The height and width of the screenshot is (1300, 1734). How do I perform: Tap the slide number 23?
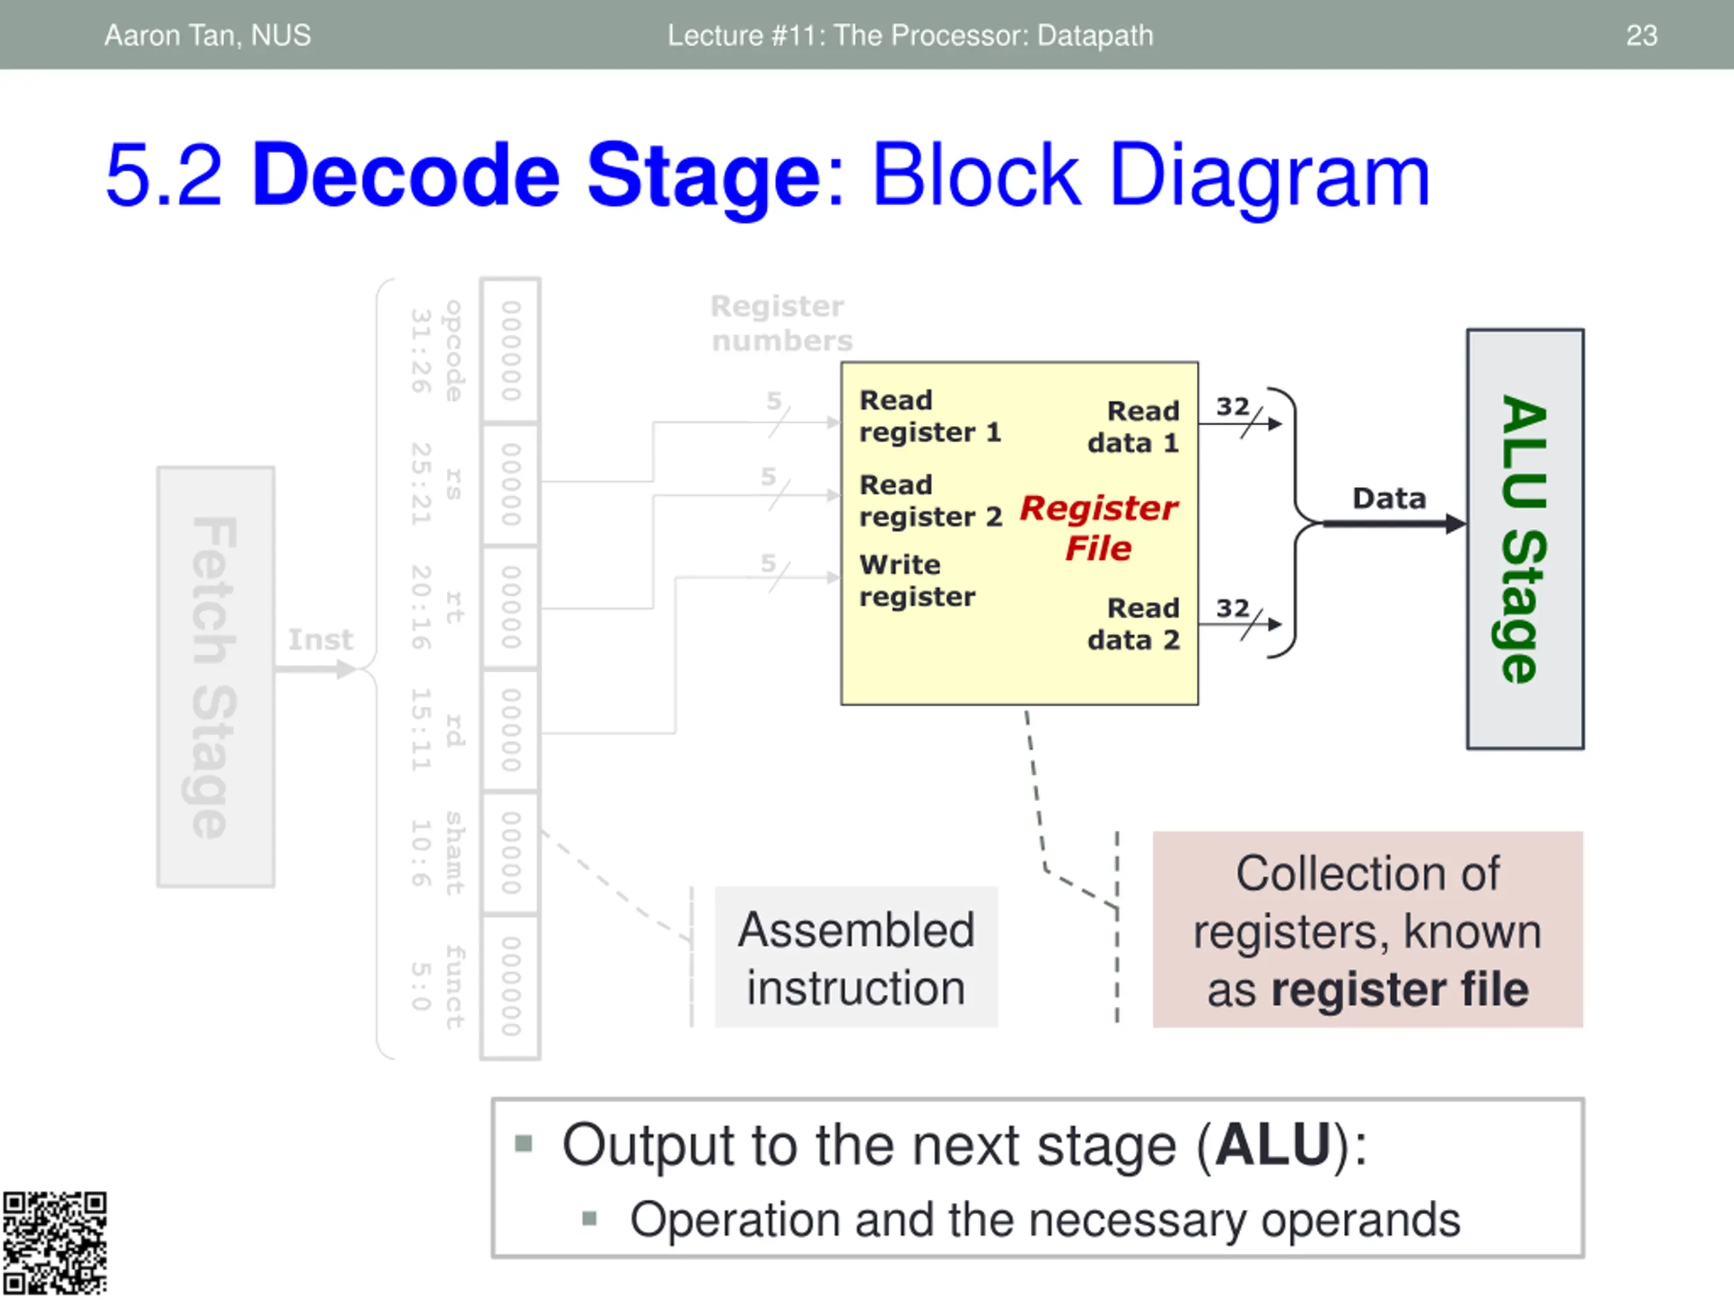click(1641, 35)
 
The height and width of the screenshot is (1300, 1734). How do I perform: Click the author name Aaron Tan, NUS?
click(208, 35)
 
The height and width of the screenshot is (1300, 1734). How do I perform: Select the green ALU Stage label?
click(1525, 539)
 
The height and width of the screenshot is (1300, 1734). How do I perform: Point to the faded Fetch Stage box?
click(215, 677)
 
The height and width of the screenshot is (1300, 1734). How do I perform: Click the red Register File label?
click(1098, 527)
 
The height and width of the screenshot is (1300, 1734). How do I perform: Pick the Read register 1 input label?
click(930, 416)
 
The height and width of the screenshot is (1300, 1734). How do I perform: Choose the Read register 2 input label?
click(931, 501)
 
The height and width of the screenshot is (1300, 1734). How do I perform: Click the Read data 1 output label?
click(1135, 427)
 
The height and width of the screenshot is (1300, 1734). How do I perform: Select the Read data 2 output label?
click(1135, 624)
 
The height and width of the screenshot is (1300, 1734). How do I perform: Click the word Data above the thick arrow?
click(1389, 498)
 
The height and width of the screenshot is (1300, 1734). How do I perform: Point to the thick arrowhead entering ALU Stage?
click(1455, 523)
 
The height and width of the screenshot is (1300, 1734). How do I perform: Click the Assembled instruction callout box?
click(856, 957)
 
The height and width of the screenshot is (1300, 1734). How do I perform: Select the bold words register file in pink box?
click(1399, 990)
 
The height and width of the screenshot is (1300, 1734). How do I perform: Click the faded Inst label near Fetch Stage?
click(320, 639)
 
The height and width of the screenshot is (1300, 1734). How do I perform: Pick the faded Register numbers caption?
click(780, 323)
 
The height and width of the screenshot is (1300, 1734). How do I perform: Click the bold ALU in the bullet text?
click(1272, 1146)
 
